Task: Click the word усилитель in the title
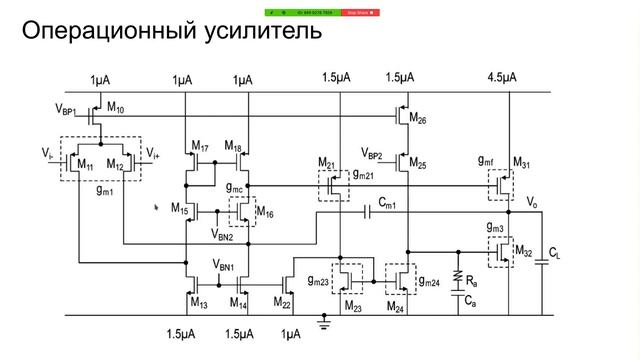pyautogui.click(x=259, y=33)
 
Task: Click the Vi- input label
pyautogui.click(x=48, y=152)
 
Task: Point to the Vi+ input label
pyautogui.click(x=153, y=152)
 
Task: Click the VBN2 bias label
pyautogui.click(x=224, y=237)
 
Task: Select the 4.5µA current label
pyautogui.click(x=503, y=78)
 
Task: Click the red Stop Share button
pyautogui.click(x=358, y=13)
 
